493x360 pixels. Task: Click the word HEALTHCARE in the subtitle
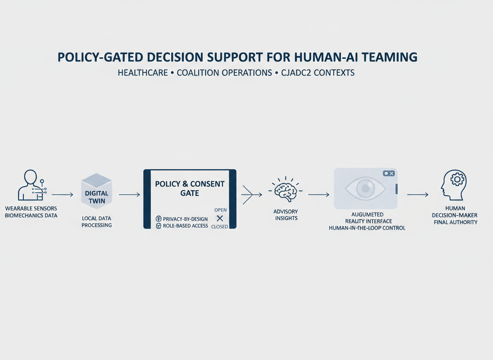pos(143,73)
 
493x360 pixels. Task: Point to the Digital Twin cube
pos(96,191)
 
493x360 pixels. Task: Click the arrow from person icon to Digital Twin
pos(62,195)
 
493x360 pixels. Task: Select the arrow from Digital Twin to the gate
pos(129,195)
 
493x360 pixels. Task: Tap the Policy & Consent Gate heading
pos(189,188)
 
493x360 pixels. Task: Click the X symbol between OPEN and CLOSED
pos(220,218)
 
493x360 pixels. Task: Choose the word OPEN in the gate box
pos(220,210)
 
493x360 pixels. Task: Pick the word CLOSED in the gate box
pos(219,227)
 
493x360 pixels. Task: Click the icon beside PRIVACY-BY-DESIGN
pos(159,219)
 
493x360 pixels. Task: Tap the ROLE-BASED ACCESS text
pos(185,226)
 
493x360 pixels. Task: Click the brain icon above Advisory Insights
pos(286,190)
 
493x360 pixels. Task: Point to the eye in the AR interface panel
pos(365,188)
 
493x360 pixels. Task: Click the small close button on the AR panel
pos(388,173)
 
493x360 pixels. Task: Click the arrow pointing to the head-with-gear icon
pos(418,195)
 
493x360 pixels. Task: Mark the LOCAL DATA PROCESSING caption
pos(97,222)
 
